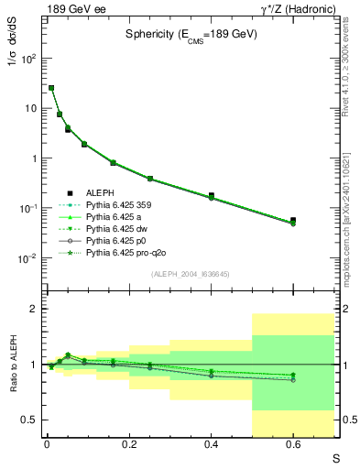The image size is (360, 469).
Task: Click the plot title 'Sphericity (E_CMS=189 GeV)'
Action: [x=191, y=35]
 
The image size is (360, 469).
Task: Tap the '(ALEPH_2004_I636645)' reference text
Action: [x=191, y=274]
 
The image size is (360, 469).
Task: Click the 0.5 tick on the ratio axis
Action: [x=27, y=420]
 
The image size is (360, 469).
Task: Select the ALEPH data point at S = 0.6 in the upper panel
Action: [x=293, y=220]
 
